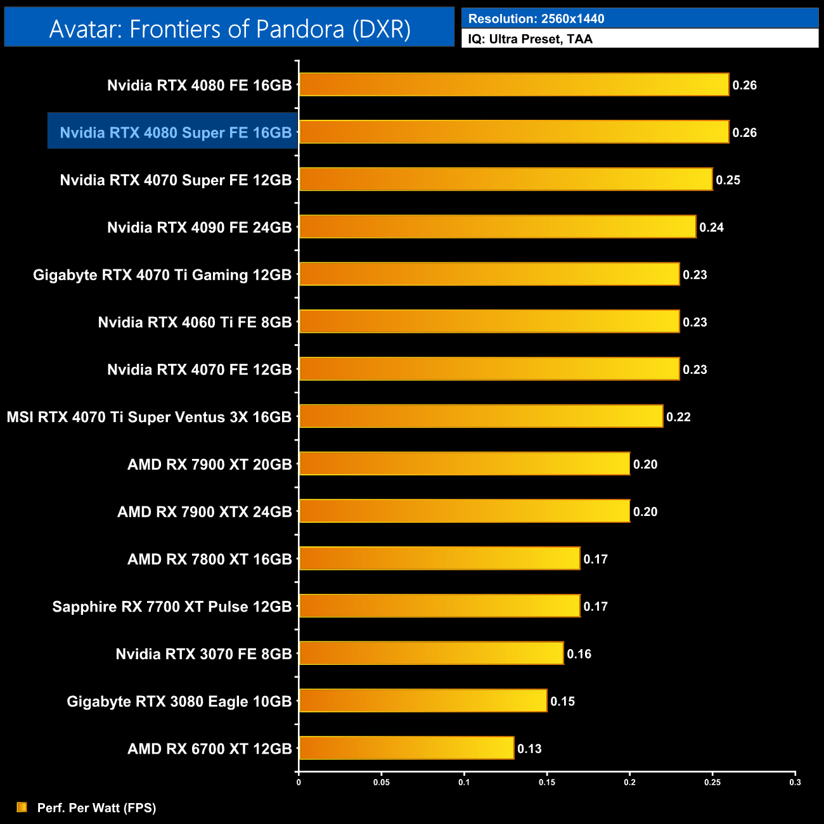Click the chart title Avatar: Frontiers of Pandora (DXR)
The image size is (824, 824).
(229, 29)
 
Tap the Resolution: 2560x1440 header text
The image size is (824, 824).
(536, 19)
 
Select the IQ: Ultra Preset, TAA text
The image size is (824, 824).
(530, 39)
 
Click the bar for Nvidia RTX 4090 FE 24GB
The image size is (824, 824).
(498, 227)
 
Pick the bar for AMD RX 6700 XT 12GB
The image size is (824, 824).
(406, 748)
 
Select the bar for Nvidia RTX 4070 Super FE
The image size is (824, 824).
(506, 179)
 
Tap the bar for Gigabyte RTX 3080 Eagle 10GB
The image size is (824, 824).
(423, 700)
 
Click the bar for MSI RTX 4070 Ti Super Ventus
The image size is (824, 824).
(481, 416)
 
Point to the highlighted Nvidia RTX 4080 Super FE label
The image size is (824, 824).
(176, 132)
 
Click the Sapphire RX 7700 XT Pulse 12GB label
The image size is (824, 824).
(172, 607)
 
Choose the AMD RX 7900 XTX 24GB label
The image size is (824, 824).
(204, 512)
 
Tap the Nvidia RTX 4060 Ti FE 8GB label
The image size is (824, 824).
(195, 322)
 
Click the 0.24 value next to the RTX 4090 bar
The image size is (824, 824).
(711, 228)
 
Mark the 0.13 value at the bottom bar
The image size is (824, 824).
(529, 749)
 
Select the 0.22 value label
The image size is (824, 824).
(678, 417)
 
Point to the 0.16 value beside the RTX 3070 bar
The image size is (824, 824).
(579, 654)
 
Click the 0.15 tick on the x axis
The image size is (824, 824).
(547, 782)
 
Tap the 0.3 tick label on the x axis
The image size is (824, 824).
(795, 782)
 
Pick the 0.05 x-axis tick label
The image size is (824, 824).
(382, 782)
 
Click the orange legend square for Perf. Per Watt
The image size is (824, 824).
(22, 808)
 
